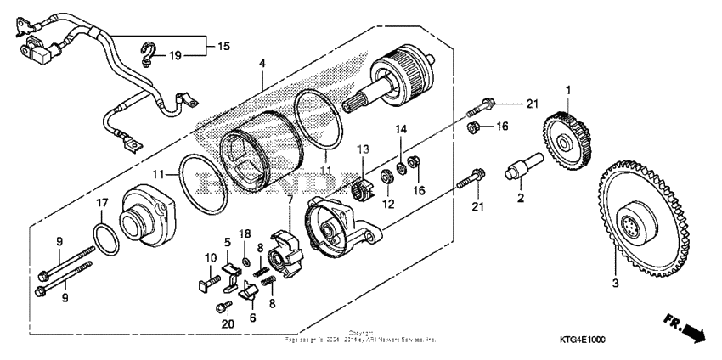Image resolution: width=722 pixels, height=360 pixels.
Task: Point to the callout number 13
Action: point(364,149)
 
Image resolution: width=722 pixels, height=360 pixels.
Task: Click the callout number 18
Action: point(245,233)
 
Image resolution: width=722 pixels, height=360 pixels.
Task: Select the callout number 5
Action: point(226,241)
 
